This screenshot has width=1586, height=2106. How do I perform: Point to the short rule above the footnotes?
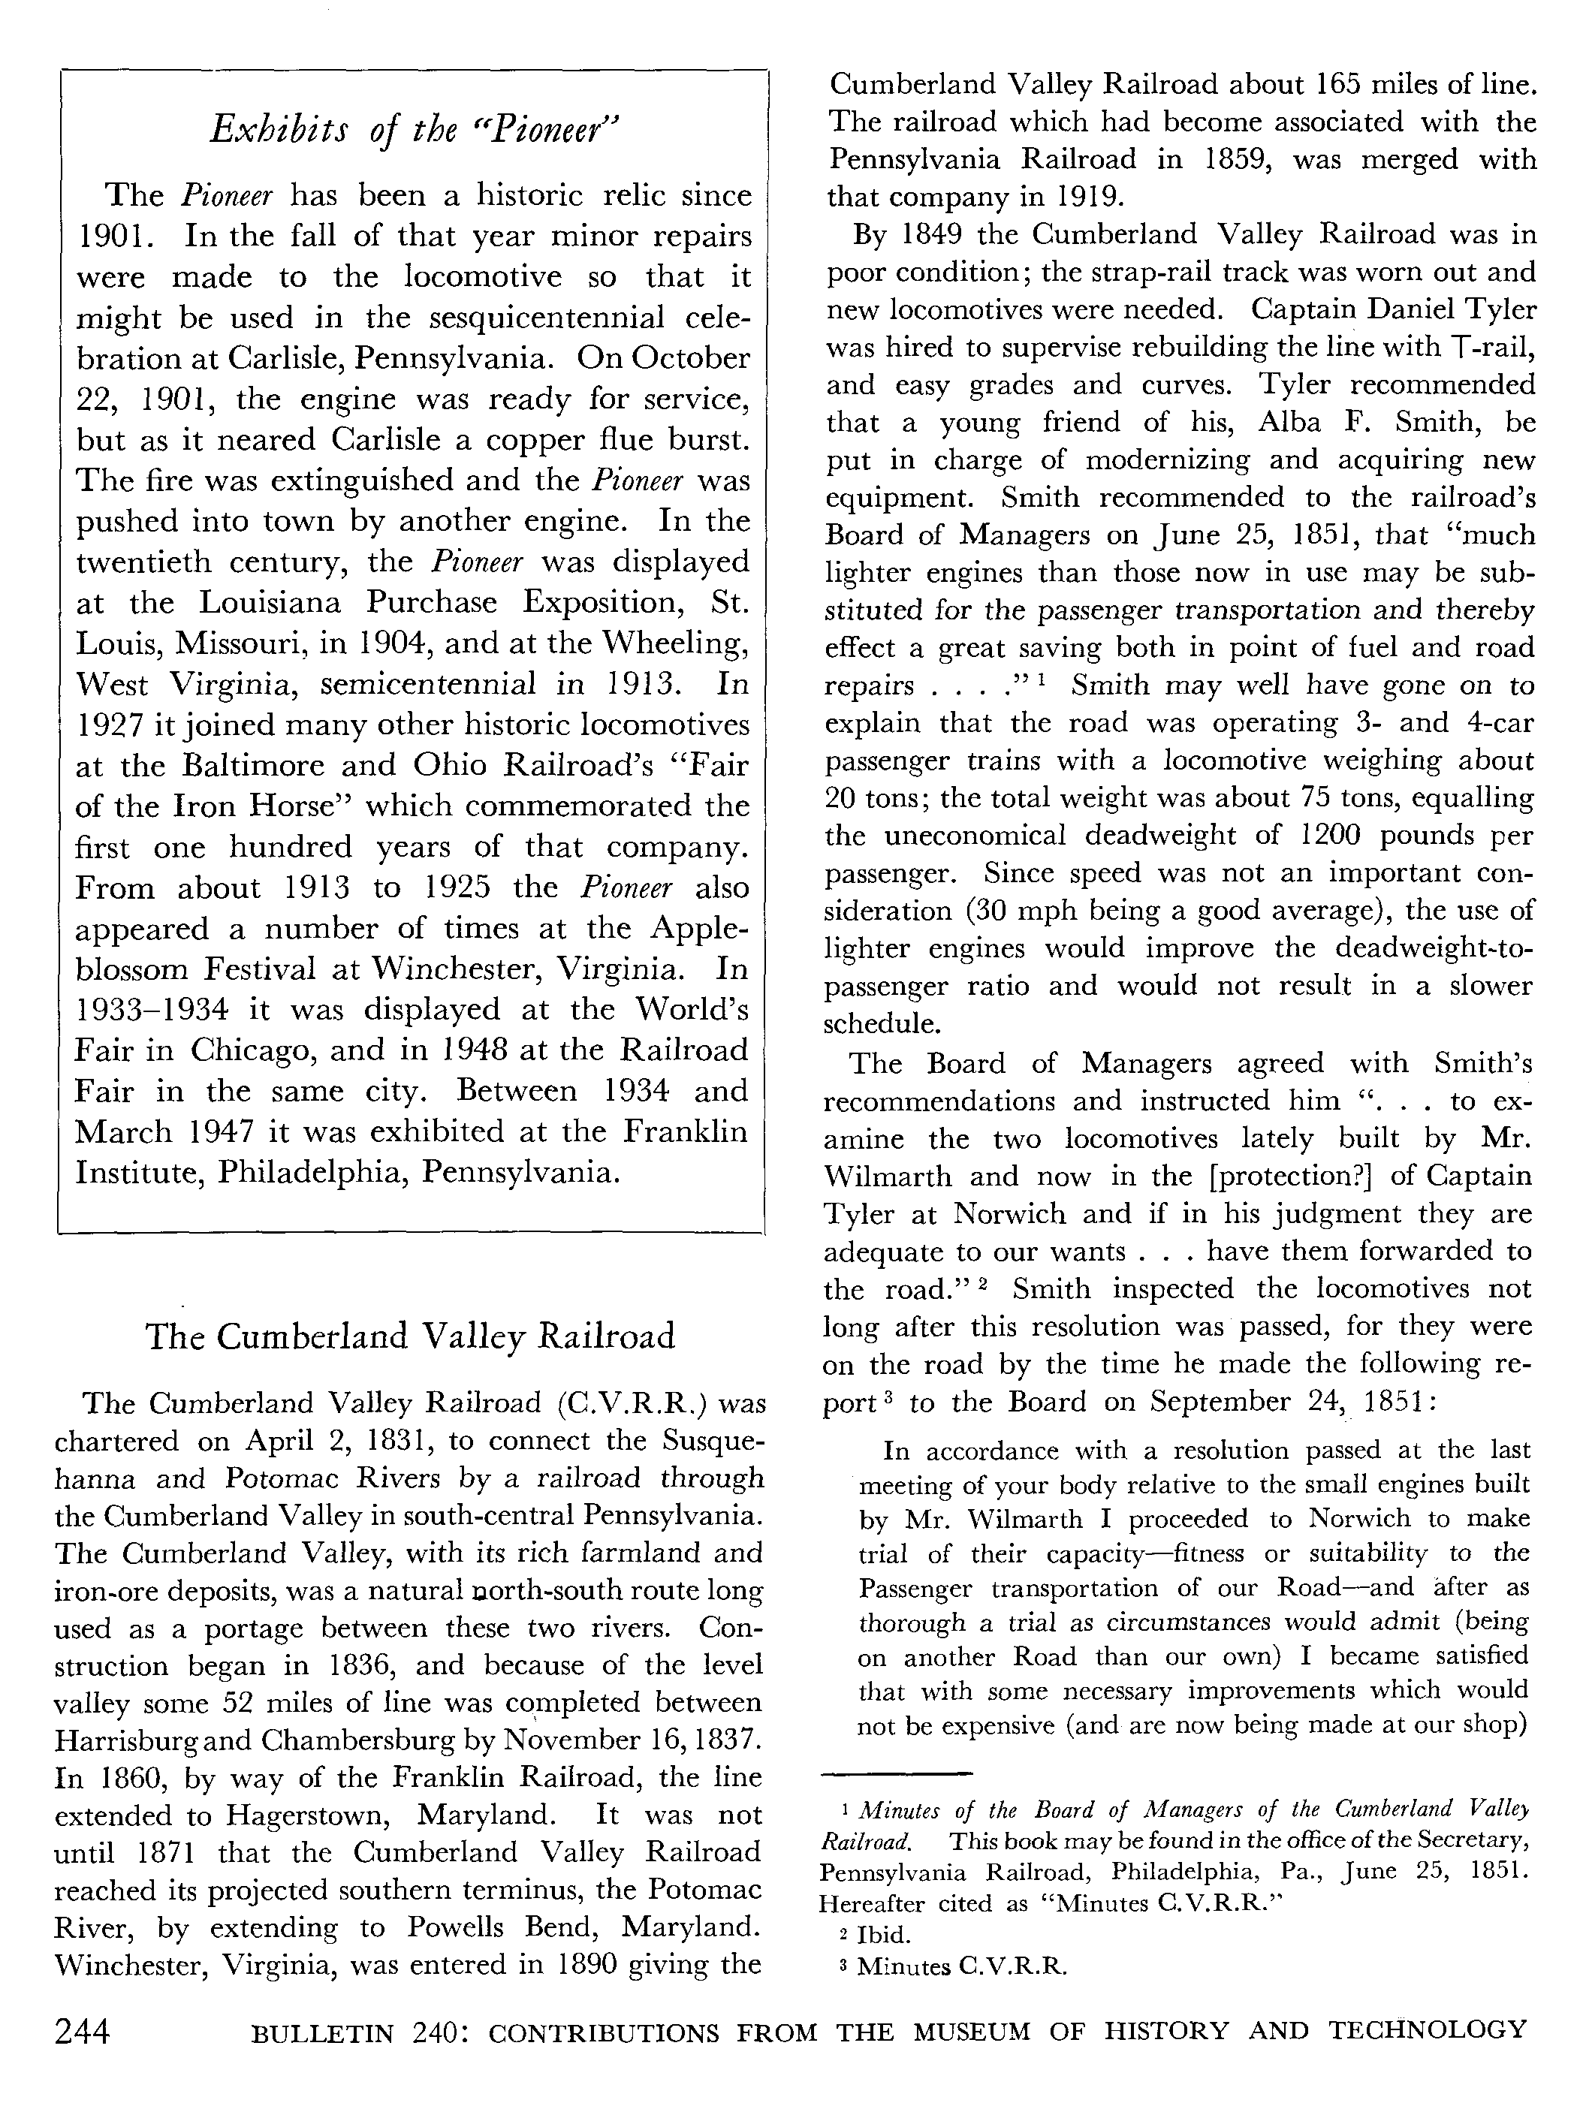pyautogui.click(x=896, y=1773)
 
